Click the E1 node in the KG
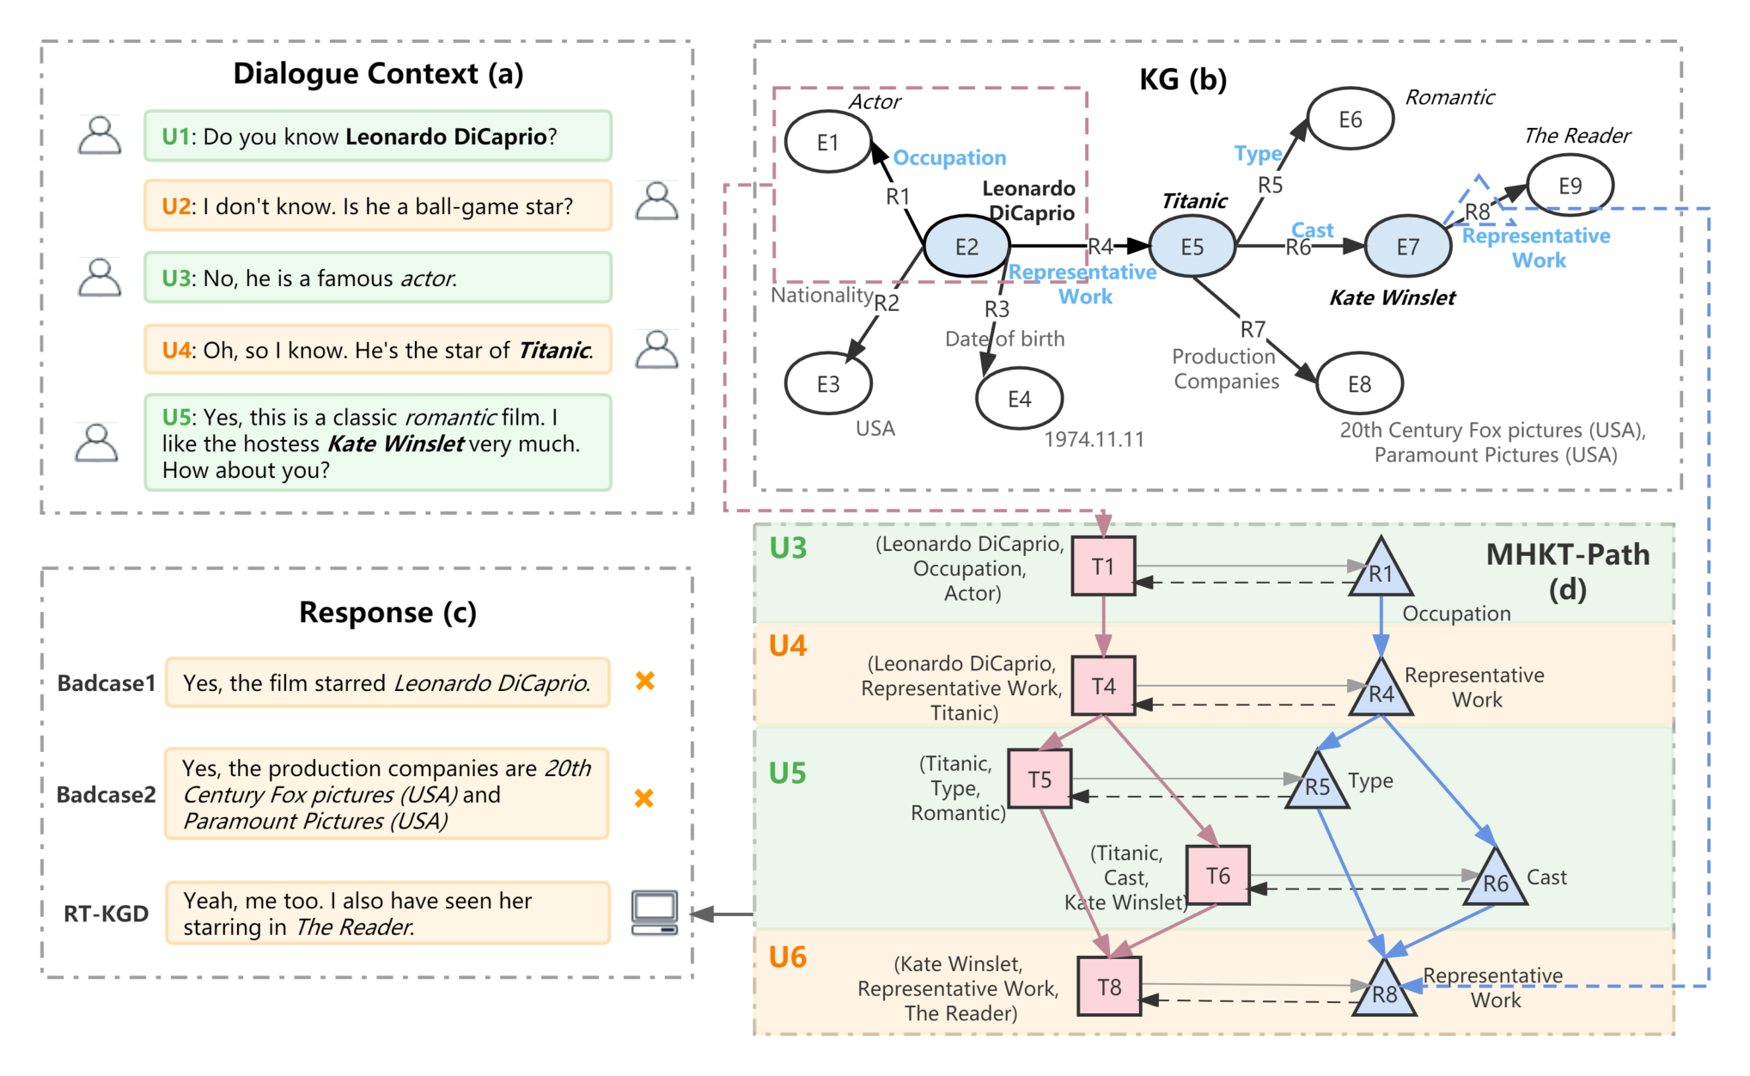click(828, 142)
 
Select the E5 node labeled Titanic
click(1192, 247)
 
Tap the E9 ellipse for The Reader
click(1570, 186)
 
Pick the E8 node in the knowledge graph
click(1359, 383)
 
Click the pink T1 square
click(1104, 566)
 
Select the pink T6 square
click(1218, 875)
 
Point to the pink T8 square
click(1109, 987)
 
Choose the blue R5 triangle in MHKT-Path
click(1317, 781)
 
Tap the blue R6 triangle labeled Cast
click(1496, 878)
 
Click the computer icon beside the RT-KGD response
click(655, 912)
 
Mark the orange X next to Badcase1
click(644, 681)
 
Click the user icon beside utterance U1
click(100, 135)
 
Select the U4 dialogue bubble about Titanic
click(378, 350)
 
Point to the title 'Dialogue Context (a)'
click(378, 74)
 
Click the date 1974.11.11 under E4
click(1094, 439)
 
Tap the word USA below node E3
click(875, 428)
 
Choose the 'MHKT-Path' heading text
click(1568, 554)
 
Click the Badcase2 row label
click(107, 794)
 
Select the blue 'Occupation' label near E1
click(949, 158)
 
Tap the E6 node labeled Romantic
click(1350, 119)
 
